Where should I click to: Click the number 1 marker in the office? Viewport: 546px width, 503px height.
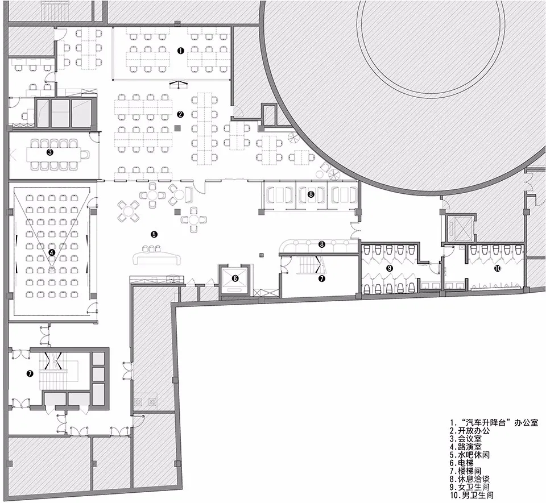[180, 51]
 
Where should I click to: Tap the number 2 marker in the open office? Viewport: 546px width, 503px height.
[180, 114]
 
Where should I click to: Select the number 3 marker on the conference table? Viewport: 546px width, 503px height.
[50, 152]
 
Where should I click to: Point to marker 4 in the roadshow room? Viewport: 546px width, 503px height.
[52, 253]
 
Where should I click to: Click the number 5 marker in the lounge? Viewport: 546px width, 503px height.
[154, 234]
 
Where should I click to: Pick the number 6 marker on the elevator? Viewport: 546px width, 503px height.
[235, 278]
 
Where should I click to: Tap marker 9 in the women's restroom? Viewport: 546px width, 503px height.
[390, 268]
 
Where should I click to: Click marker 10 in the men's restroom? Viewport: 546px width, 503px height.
[498, 268]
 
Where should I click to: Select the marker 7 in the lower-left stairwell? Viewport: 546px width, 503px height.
[30, 373]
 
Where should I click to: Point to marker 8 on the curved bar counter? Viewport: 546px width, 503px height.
[321, 245]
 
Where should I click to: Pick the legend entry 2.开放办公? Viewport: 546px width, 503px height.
[470, 431]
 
